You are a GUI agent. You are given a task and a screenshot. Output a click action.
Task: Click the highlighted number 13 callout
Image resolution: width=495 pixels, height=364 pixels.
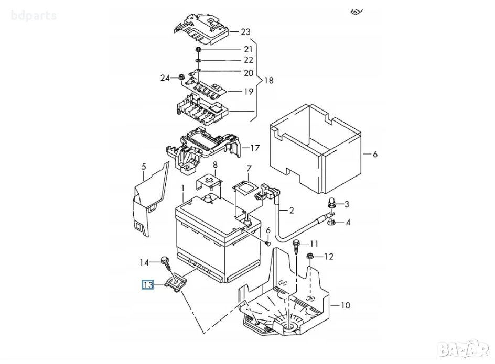tap(148, 285)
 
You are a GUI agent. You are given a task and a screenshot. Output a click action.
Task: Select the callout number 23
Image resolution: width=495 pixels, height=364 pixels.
tap(245, 32)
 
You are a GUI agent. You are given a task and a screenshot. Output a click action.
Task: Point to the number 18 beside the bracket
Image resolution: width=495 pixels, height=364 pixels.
tap(268, 81)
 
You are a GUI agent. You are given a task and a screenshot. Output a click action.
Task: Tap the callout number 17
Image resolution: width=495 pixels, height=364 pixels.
tap(255, 148)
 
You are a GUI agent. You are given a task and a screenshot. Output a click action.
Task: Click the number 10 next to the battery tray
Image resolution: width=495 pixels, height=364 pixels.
tap(346, 305)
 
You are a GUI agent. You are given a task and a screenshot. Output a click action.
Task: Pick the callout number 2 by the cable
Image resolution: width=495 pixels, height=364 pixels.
tap(292, 210)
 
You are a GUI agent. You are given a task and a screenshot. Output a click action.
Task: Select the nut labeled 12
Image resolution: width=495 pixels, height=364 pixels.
tap(310, 257)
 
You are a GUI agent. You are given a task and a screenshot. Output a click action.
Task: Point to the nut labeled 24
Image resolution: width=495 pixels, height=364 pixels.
tap(182, 77)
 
